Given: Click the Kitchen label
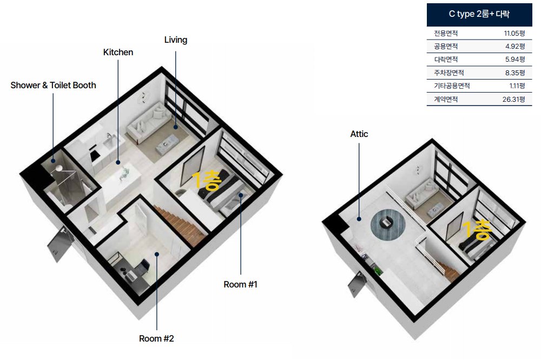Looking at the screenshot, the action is click(x=118, y=52).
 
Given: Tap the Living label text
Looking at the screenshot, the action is click(x=176, y=40).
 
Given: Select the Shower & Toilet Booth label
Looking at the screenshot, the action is click(x=53, y=85).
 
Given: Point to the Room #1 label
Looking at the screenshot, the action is click(x=241, y=284).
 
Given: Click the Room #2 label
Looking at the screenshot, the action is click(x=156, y=338).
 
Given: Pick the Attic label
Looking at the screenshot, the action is click(x=359, y=134).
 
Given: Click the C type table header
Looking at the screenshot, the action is click(x=479, y=14).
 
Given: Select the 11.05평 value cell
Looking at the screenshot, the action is click(x=514, y=34).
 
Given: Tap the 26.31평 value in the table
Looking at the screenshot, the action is click(x=513, y=100).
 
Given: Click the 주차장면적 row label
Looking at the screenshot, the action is click(x=449, y=73).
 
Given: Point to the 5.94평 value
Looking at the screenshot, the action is click(x=515, y=60).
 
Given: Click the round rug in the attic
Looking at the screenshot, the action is click(x=388, y=224).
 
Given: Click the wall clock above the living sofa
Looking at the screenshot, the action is click(x=143, y=97).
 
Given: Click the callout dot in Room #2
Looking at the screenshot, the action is click(x=157, y=254).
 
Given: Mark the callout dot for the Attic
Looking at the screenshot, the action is click(x=359, y=219).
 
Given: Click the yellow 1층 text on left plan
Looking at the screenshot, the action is click(x=206, y=180).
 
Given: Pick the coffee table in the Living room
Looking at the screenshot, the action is click(x=168, y=143).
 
